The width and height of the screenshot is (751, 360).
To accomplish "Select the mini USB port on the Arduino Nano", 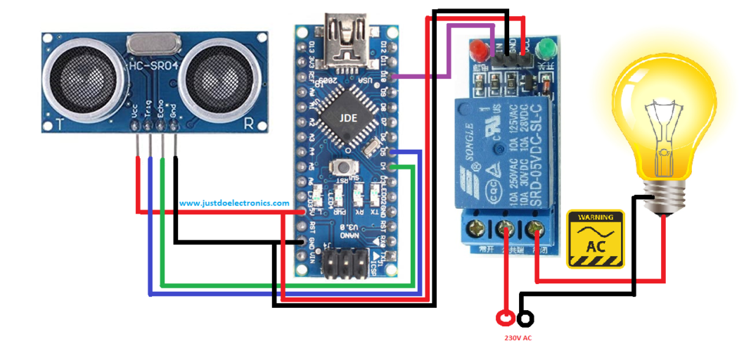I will pyautogui.click(x=347, y=42).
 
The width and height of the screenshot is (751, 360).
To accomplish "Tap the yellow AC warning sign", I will pyautogui.click(x=596, y=238).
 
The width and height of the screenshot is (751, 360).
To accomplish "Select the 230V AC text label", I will pyautogui.click(x=518, y=338).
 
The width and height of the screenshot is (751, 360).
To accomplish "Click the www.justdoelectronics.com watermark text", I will pyautogui.click(x=234, y=203).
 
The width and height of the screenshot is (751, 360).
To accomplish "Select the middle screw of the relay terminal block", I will pyautogui.click(x=504, y=229).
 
